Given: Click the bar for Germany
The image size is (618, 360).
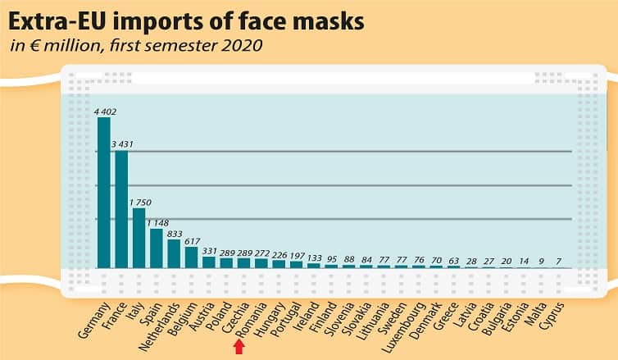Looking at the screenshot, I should [104, 193].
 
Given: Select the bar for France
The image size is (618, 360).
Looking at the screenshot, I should [121, 209].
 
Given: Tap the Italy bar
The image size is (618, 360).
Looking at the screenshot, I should [139, 238].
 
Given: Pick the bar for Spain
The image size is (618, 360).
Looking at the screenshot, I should [157, 248].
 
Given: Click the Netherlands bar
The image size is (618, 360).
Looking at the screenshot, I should [174, 253].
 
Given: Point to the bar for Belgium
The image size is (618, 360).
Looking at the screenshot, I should [191, 257].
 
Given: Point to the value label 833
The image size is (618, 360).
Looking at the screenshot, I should [175, 234].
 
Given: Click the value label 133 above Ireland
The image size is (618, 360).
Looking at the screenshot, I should [313, 257].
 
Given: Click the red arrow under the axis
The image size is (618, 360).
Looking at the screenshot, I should [239, 348].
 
